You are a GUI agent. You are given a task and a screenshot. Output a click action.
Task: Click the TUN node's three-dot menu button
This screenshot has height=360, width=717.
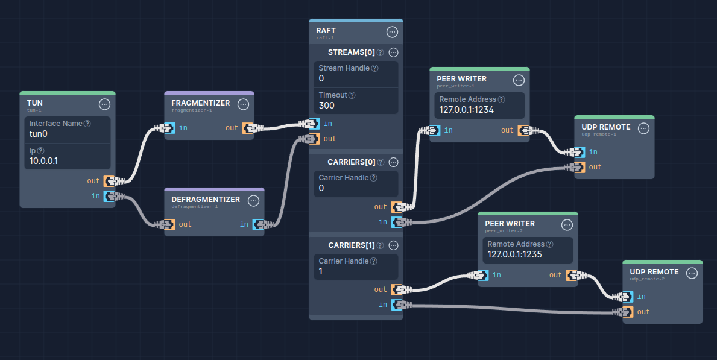click(x=104, y=104)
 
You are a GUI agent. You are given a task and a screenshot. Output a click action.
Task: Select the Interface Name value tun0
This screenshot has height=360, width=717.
click(x=38, y=134)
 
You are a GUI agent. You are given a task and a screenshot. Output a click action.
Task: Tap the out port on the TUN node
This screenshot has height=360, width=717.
click(x=109, y=181)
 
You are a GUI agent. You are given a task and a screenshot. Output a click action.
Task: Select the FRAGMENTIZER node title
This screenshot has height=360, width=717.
click(x=200, y=103)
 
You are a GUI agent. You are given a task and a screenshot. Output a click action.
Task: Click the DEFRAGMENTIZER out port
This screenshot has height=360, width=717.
click(x=169, y=224)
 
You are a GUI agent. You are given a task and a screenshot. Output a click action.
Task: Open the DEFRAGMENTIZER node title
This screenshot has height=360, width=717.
click(x=205, y=200)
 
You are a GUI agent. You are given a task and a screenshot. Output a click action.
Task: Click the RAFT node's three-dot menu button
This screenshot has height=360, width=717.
click(x=392, y=32)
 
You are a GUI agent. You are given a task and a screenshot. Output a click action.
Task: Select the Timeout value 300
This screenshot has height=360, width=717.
click(x=326, y=106)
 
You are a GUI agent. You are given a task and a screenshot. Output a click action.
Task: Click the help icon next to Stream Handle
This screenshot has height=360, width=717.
click(x=374, y=68)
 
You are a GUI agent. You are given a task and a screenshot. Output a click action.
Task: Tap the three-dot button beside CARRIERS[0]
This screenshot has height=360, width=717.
click(x=393, y=162)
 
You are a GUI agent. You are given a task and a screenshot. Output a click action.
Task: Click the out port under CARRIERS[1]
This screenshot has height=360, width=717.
click(x=397, y=289)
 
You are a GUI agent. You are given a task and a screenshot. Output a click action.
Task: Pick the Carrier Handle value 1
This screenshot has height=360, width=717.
click(x=321, y=271)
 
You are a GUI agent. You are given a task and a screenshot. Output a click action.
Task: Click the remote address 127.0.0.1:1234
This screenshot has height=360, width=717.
click(x=467, y=110)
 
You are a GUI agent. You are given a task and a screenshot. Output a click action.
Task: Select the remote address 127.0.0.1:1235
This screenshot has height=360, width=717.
click(x=514, y=254)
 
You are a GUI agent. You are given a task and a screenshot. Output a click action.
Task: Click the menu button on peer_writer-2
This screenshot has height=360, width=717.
click(x=566, y=225)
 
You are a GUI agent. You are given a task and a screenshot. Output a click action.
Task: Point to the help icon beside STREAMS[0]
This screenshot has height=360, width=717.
click(x=381, y=52)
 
